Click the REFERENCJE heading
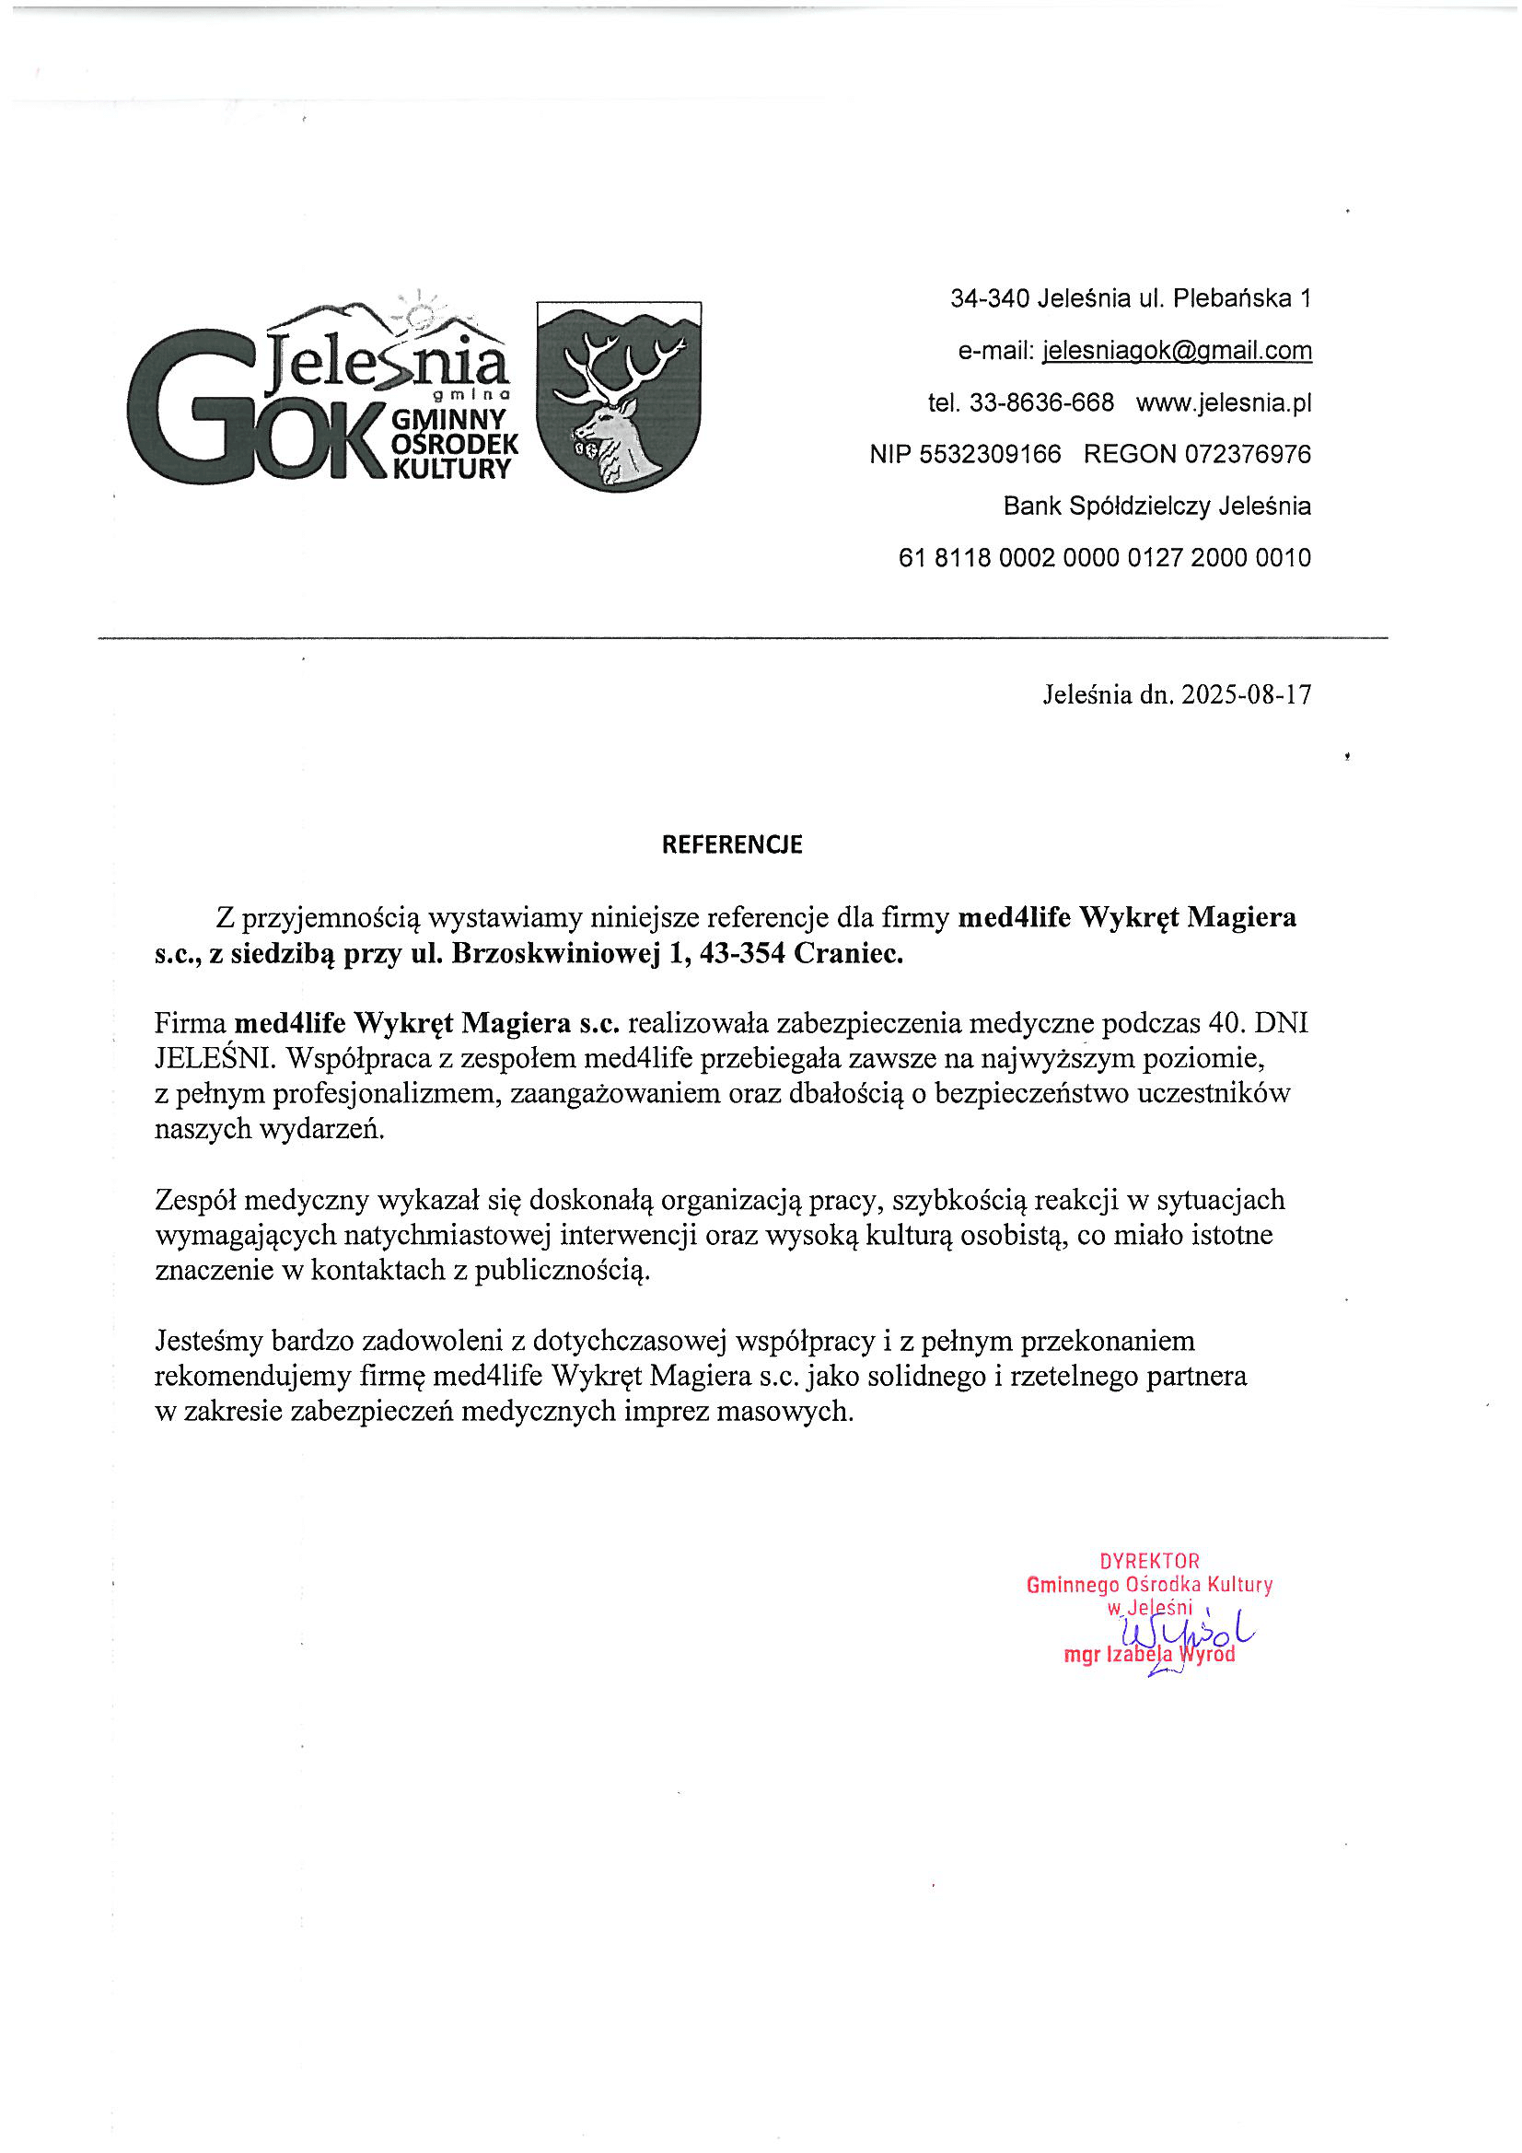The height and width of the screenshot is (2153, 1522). (x=731, y=844)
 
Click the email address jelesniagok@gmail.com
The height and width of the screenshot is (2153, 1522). (x=1177, y=351)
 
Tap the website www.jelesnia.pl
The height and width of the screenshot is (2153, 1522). (x=1223, y=403)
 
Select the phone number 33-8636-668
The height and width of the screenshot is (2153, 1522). (x=1041, y=403)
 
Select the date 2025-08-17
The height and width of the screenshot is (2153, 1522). (x=1247, y=695)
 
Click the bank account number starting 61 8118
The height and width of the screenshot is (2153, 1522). (x=1104, y=558)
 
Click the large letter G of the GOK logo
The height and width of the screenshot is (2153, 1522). (x=188, y=405)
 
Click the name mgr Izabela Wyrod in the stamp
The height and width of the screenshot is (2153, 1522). (x=1149, y=1655)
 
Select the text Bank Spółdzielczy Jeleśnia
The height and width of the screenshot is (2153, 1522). (x=1156, y=506)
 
